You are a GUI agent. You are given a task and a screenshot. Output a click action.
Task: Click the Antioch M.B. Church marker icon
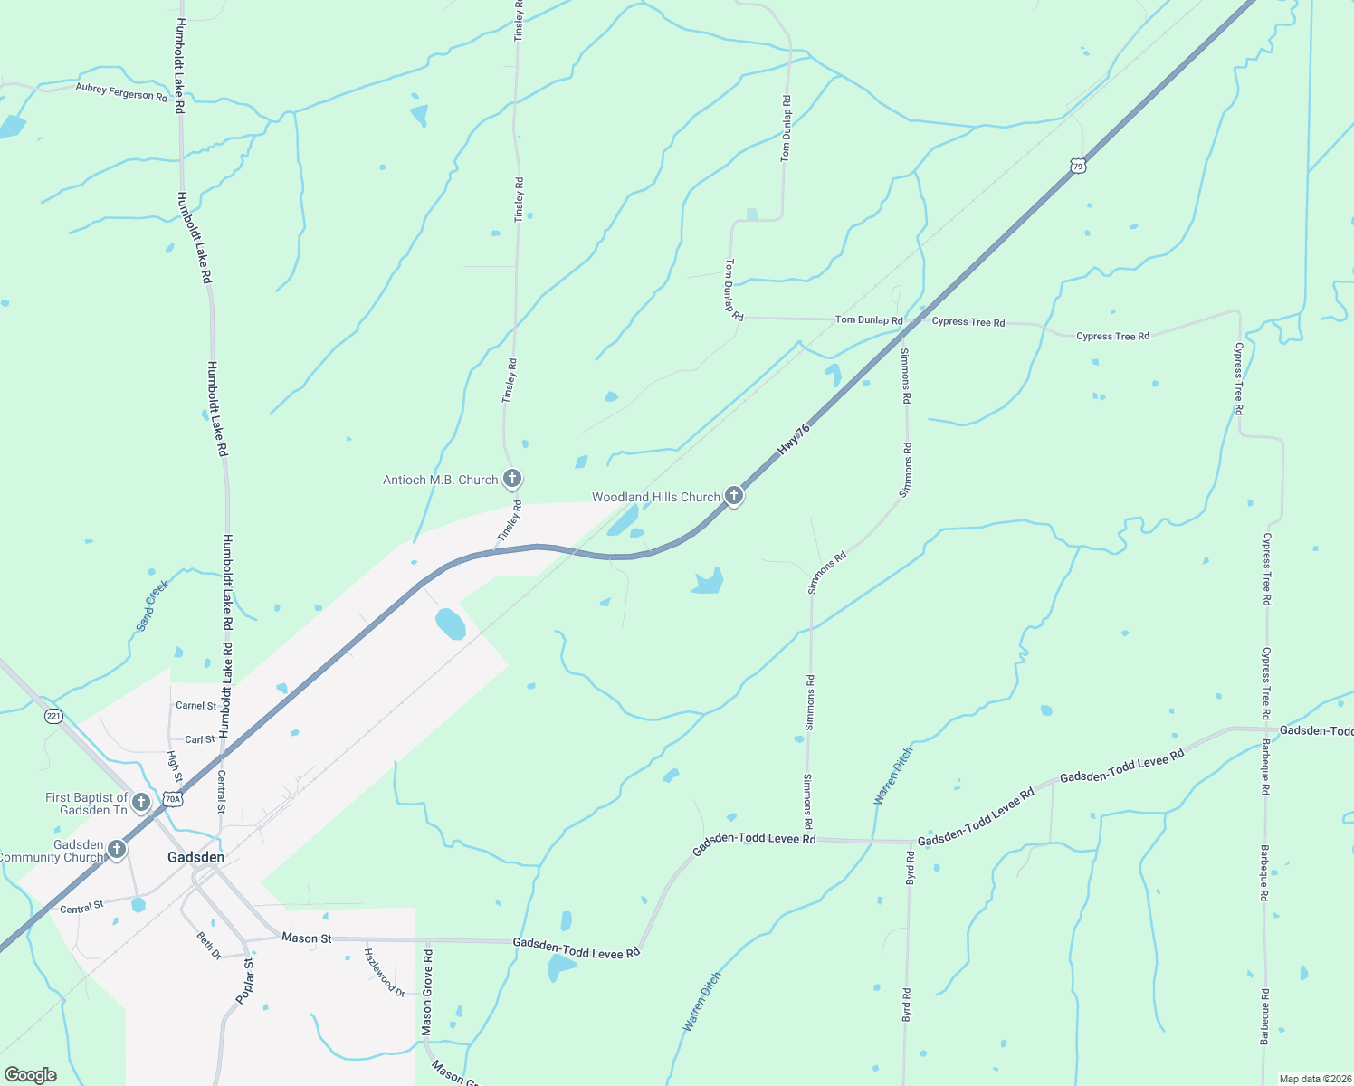coord(511,478)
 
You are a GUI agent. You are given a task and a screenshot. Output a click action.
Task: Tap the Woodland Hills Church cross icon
coord(734,495)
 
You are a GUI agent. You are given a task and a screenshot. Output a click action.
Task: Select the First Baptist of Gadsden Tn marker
coord(140,802)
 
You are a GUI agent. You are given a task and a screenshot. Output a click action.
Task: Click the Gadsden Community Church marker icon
coord(116,849)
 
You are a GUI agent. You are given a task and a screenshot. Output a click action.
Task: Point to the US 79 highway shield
coord(1077,166)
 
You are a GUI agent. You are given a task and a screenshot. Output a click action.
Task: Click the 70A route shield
coord(173,799)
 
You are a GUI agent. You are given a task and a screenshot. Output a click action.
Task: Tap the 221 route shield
coord(53,716)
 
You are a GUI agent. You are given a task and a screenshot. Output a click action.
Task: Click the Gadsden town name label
coord(195,857)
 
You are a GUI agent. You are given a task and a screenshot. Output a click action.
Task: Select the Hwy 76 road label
coord(793,438)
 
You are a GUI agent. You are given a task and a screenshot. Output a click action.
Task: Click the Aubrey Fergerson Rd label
coord(121,91)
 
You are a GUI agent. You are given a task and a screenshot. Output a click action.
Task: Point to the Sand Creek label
coord(152,605)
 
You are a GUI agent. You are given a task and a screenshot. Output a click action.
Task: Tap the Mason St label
coord(307,938)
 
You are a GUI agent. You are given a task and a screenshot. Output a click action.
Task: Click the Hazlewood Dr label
coord(384,972)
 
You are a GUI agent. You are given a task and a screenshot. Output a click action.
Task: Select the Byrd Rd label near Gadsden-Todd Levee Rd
coord(910,867)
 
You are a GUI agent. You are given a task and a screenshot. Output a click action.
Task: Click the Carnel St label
coord(195,706)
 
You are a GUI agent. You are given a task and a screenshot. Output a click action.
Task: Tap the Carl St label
coord(200,739)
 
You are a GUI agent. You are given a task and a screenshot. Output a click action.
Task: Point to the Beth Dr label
coord(209,946)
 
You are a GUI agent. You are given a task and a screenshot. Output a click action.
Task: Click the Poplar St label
coord(245,981)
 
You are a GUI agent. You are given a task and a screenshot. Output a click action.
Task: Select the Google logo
coord(31,1075)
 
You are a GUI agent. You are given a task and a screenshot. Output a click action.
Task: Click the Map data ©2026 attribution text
coord(1314,1079)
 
